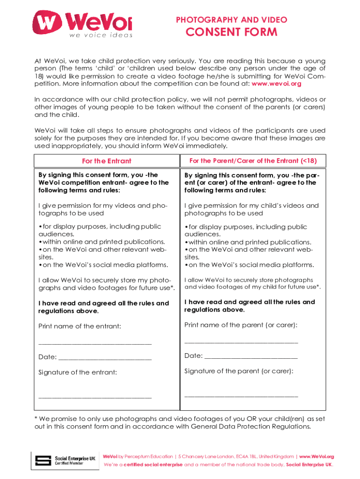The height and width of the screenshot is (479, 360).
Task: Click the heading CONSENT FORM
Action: pos(231,32)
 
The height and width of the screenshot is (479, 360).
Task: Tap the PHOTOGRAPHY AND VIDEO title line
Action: pos(231,20)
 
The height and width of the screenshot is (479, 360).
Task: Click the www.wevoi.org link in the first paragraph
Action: pos(276,84)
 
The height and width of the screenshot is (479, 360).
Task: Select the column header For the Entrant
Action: pos(107,161)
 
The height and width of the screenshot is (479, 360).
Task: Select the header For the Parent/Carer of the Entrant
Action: pos(253,160)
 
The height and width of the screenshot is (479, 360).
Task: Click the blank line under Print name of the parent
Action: pos(241,342)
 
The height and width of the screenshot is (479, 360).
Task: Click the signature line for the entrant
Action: pos(95,397)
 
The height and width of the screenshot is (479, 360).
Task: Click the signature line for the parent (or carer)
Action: pos(241,396)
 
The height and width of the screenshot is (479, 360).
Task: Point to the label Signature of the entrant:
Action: pos(78,372)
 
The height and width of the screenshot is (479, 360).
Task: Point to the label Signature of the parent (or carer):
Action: pos(239,371)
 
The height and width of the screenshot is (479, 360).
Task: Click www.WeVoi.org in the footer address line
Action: pos(317,457)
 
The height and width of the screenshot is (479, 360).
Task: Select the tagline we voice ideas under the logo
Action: pos(101,35)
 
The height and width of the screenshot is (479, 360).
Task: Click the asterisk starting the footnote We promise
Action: pos(36,418)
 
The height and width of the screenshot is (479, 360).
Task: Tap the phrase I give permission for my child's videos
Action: pos(252,205)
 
